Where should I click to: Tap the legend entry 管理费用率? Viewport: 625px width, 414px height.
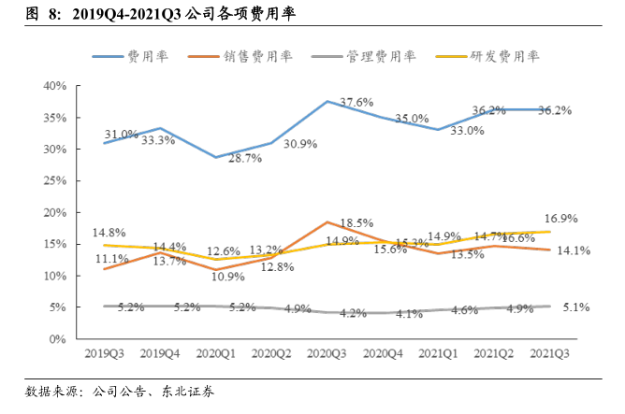(364, 56)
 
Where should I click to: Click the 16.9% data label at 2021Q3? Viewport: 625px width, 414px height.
(561, 219)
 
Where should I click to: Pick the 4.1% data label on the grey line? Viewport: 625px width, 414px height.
(408, 315)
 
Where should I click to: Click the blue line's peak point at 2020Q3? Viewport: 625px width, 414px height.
(327, 101)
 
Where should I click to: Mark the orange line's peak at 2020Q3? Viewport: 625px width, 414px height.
(327, 222)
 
